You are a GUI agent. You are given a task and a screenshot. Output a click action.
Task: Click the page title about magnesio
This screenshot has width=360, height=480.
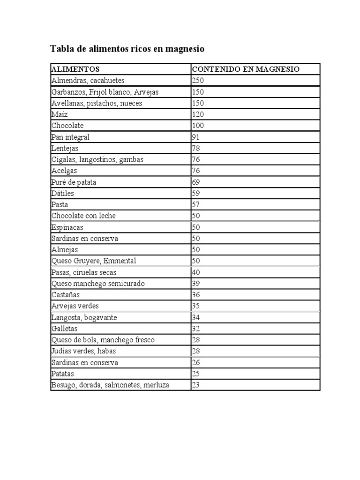coord(127,49)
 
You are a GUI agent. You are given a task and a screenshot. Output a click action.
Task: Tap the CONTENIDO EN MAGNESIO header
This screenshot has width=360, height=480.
coord(246,69)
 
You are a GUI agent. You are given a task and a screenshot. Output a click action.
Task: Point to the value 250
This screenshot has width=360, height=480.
coord(198,81)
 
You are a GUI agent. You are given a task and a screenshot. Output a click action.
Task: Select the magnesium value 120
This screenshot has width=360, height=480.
coord(198,114)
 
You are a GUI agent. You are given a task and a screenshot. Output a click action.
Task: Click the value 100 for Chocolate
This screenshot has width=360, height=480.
coord(198,126)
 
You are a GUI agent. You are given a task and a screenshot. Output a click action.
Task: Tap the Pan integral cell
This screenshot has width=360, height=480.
coord(70,137)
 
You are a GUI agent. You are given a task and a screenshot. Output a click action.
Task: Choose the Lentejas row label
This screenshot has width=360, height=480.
coord(65,148)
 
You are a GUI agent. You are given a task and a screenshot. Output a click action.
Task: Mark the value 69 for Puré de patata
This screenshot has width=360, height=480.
coord(196,182)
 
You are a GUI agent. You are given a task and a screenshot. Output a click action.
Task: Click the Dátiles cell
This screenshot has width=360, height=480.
coord(63,193)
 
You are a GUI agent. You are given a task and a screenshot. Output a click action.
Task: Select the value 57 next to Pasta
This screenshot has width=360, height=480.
coord(196,204)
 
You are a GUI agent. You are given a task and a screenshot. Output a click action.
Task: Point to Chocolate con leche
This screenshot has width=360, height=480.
coord(83,216)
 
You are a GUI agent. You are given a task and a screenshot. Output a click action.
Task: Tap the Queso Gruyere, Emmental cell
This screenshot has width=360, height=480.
coord(94,261)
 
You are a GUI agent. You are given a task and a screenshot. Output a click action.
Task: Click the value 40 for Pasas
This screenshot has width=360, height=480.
coord(196,272)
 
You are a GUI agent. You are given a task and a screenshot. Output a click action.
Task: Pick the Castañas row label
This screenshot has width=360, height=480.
coord(66,295)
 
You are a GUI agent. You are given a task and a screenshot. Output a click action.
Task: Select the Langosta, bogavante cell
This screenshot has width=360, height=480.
coord(84,317)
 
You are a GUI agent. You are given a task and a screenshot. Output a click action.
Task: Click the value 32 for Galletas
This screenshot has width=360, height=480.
coord(196,329)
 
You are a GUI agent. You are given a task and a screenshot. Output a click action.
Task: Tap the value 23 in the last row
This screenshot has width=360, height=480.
coord(196,385)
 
